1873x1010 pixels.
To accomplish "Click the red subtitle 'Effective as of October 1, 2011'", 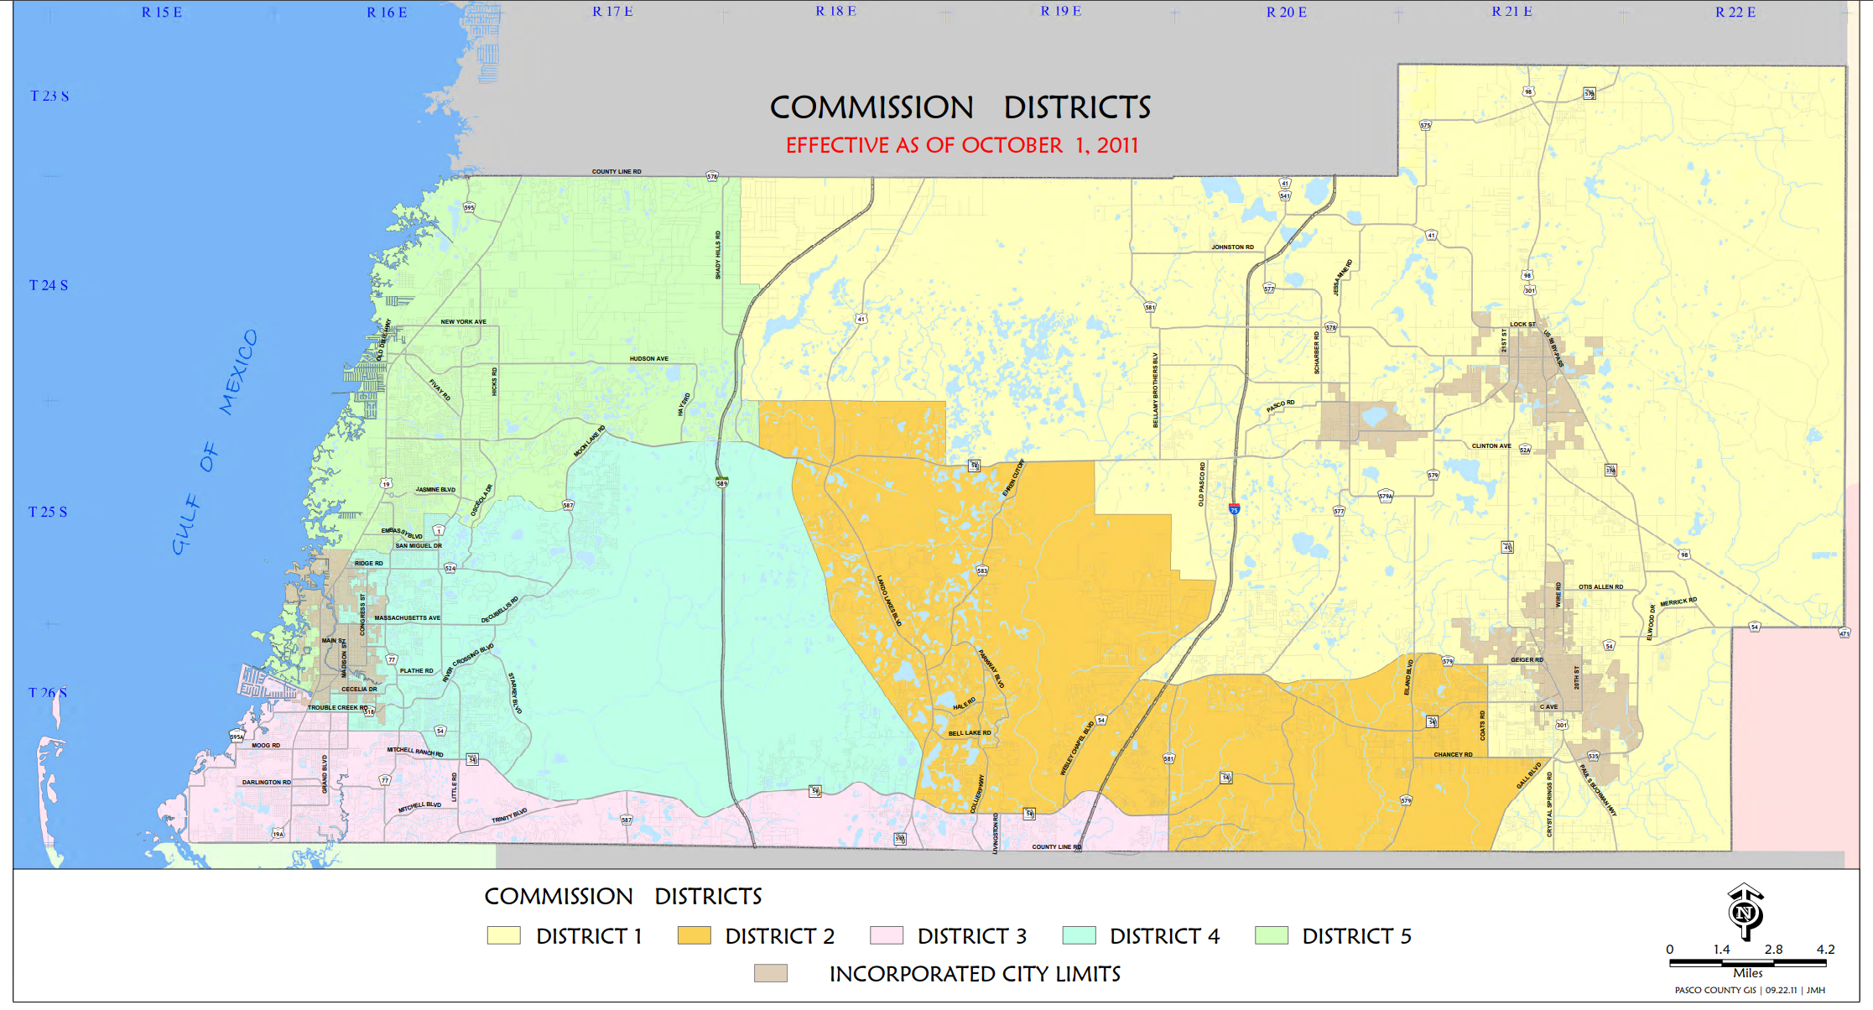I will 961,145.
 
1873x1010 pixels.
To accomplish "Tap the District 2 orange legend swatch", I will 694,935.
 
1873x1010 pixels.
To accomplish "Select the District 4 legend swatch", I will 1079,935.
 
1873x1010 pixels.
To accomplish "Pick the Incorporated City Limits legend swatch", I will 770,973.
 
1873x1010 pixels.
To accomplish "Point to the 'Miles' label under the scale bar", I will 1747,973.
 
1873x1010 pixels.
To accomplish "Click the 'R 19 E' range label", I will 1060,12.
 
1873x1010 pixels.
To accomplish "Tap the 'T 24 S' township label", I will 49,285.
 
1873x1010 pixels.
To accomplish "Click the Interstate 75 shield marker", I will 1234,508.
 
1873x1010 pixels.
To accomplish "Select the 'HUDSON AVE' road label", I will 649,359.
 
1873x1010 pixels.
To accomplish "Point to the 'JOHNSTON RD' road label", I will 1232,247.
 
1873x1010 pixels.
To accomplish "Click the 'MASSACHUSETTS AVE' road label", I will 407,618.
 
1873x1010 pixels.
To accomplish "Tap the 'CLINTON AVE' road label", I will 1491,446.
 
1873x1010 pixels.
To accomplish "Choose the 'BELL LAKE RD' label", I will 969,733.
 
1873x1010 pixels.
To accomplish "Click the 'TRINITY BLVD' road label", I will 509,816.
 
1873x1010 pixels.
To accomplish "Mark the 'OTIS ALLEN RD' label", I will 1600,587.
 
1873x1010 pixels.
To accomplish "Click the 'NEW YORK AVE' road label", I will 463,322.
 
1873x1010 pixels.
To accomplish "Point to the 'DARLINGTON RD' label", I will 267,783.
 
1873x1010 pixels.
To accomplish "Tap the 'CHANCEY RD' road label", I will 1453,755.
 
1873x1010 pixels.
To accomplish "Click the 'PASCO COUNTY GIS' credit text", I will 1715,991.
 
